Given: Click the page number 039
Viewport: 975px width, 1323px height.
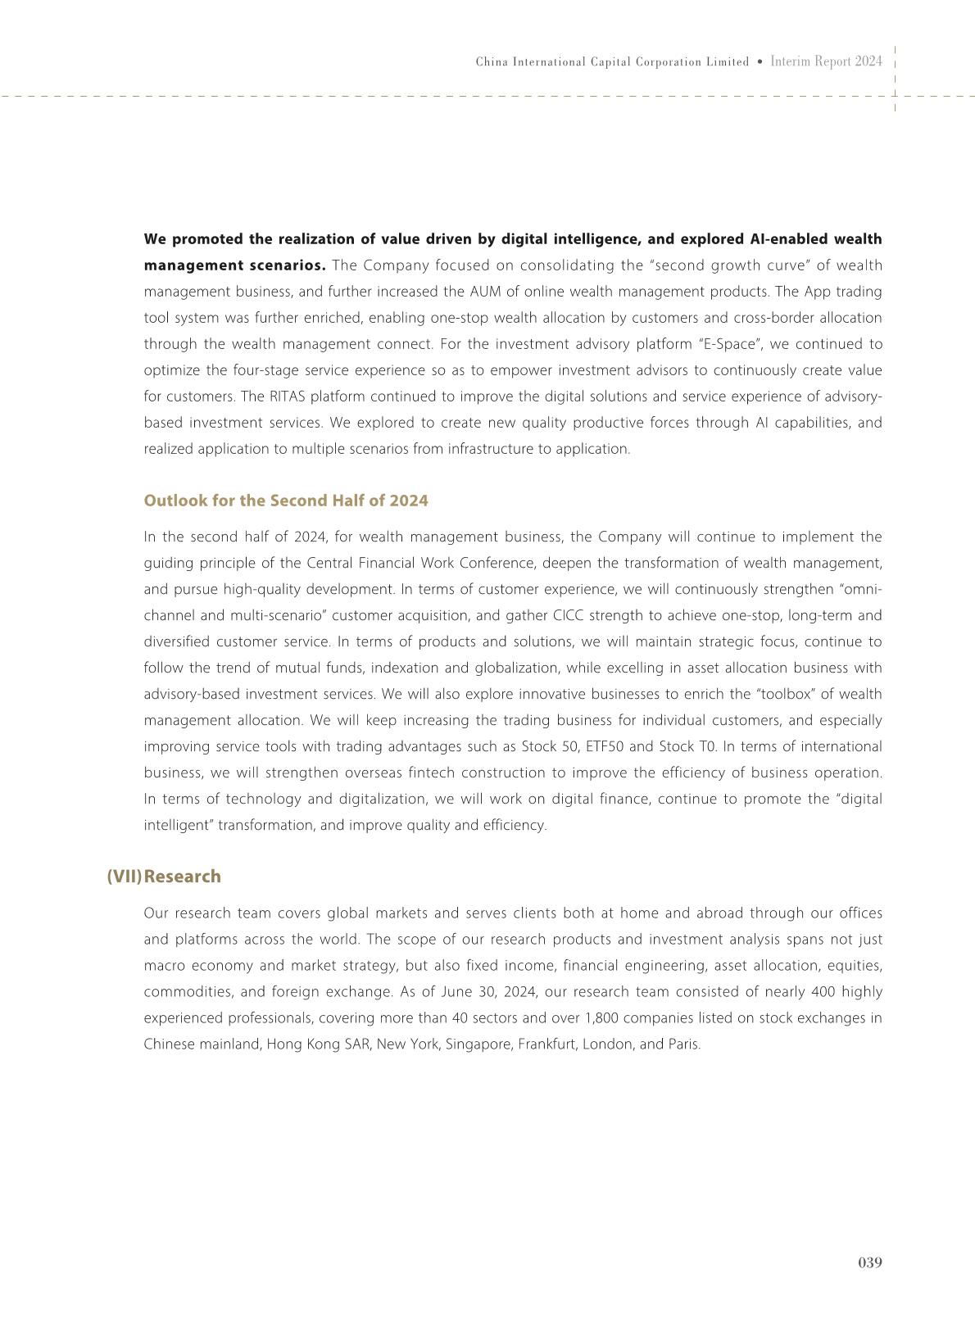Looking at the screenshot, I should click(870, 1262).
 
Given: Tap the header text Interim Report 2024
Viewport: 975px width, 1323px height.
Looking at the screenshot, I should click(827, 61).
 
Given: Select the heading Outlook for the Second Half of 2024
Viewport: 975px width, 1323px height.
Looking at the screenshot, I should click(286, 501).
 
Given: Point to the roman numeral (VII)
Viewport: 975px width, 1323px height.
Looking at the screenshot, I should click(124, 877).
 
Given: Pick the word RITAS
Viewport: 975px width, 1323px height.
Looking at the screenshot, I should click(287, 396).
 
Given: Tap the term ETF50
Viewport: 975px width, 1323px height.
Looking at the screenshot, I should click(605, 747).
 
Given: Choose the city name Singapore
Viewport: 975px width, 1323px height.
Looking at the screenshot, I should click(478, 1044).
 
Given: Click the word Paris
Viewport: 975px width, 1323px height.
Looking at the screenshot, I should click(684, 1044).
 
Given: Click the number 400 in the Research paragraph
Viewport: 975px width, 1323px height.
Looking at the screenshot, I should click(822, 992).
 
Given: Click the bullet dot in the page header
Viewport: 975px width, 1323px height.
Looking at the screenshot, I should click(760, 62).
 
